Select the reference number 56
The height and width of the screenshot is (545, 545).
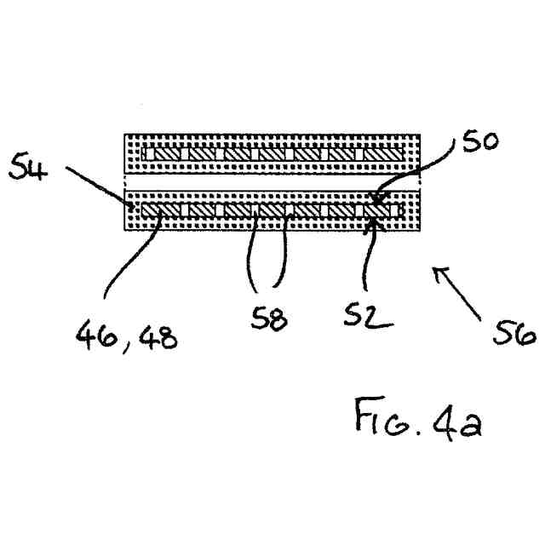pos(513,333)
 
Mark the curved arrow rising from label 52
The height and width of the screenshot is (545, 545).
pos(365,255)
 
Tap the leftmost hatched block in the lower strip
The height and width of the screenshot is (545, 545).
pos(159,209)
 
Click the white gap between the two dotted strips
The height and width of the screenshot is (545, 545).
pos(272,183)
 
